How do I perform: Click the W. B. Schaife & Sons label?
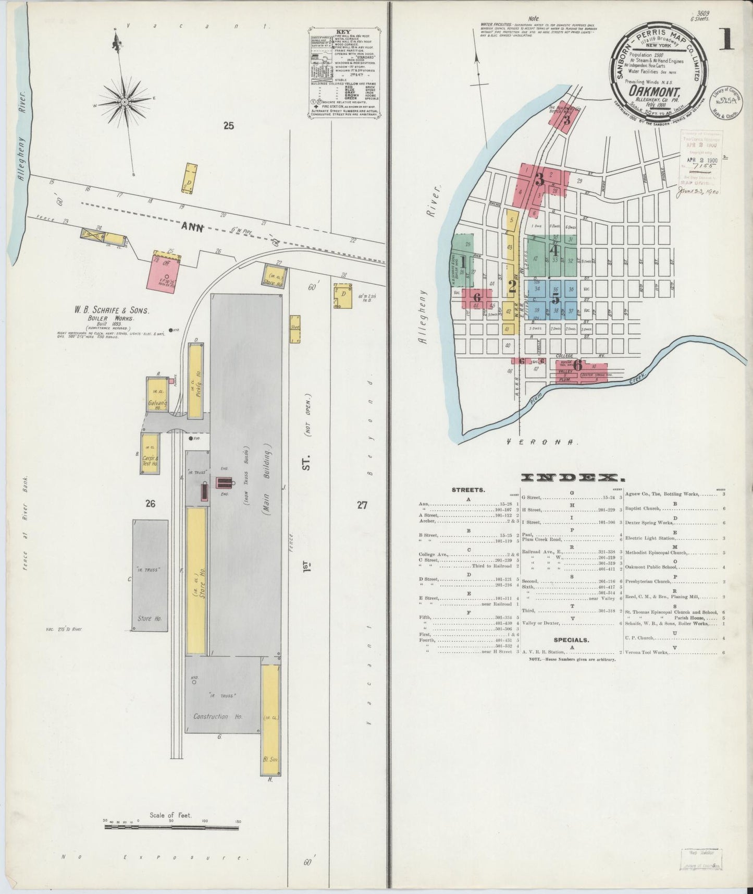(112, 310)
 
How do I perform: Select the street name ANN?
(193, 227)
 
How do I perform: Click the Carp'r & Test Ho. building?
(150, 454)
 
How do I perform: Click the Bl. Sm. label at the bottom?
(270, 759)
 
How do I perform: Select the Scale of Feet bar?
(172, 825)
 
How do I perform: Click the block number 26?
(151, 504)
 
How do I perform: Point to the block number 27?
(362, 504)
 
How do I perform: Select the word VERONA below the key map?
(542, 441)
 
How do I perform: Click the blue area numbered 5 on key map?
(556, 298)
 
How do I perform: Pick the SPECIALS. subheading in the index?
(572, 639)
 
